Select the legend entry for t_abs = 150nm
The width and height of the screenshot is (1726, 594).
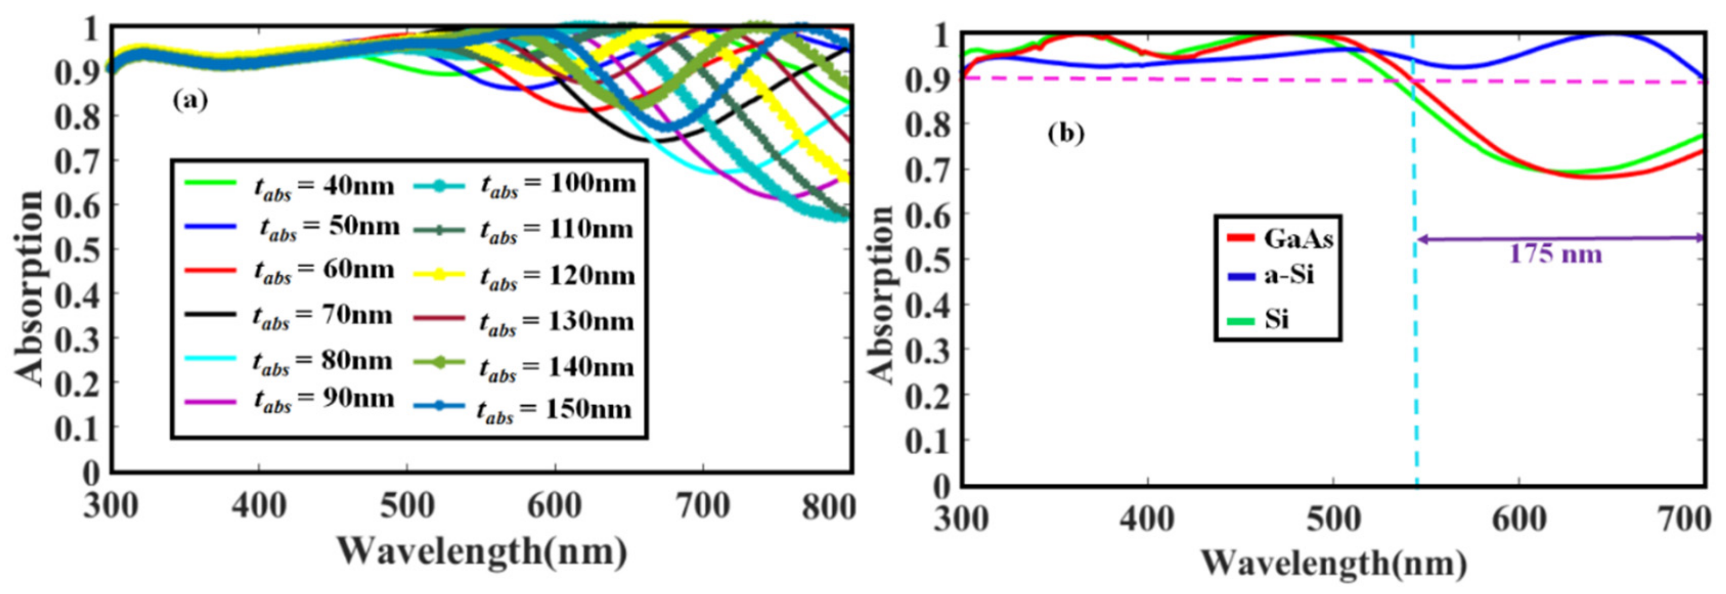[554, 410]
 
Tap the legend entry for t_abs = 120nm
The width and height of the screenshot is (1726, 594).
[557, 276]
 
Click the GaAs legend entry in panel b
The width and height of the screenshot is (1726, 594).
[1297, 239]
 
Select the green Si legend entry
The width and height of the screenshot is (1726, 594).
[1276, 320]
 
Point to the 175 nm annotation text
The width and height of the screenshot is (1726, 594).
[1555, 255]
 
